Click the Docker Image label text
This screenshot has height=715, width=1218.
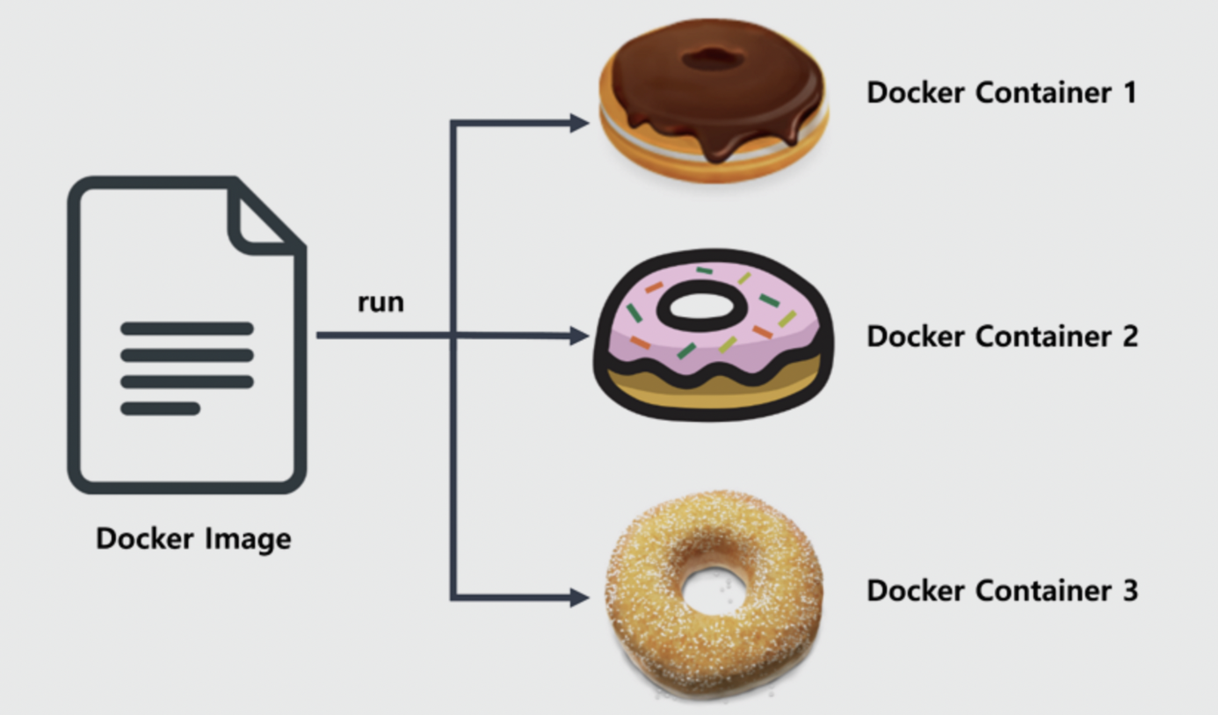(193, 538)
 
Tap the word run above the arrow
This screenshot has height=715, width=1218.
(381, 302)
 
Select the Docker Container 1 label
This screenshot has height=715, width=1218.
(1001, 92)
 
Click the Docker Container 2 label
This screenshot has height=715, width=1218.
(1002, 336)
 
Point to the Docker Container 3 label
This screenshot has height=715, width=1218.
(1002, 590)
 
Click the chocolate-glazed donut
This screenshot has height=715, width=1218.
(714, 97)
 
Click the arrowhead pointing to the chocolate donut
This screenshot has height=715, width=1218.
(578, 123)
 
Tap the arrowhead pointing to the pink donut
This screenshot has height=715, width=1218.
(578, 336)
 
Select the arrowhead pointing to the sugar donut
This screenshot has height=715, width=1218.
(578, 598)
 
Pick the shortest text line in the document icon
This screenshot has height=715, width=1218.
(160, 408)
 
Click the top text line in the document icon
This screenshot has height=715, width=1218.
(186, 329)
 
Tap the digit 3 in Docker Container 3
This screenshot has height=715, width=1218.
(1129, 590)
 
